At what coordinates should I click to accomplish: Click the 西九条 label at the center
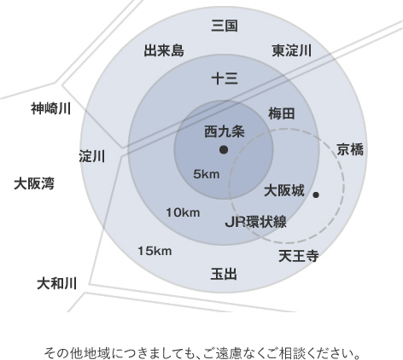(225, 132)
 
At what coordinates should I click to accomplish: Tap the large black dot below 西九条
(224, 150)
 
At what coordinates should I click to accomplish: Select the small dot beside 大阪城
(316, 195)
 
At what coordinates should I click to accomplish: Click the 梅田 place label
(281, 113)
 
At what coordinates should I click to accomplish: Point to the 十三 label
(225, 78)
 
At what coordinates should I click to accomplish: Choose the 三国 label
(225, 26)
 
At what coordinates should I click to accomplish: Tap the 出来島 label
(164, 50)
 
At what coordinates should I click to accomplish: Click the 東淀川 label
(292, 50)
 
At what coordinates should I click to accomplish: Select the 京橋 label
(350, 149)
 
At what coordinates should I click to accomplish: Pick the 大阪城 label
(284, 190)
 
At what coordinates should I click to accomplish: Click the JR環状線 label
(255, 222)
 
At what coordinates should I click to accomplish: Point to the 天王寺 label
(298, 256)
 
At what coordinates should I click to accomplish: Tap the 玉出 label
(224, 274)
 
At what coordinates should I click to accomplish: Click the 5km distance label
(207, 174)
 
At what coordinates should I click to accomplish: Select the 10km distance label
(183, 212)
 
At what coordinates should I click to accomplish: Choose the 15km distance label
(155, 251)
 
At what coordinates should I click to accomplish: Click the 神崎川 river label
(50, 108)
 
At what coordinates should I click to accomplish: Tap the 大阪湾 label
(34, 183)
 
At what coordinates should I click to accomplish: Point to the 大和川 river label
(57, 283)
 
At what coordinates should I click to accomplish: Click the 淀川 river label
(92, 156)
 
